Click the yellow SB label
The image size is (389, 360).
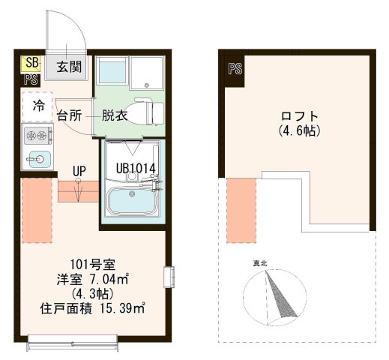(x=31, y=63)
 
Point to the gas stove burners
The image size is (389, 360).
(x=37, y=136)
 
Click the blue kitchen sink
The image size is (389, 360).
(x=37, y=158)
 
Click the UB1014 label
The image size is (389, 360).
(x=136, y=167)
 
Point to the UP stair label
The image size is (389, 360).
(x=79, y=171)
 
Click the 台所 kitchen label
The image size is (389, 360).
(x=70, y=115)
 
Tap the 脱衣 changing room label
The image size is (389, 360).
(x=114, y=115)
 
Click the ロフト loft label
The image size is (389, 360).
(x=299, y=116)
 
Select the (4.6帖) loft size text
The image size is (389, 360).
(x=299, y=130)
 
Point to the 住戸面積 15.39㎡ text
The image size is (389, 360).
(x=92, y=308)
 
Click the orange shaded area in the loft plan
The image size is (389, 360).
(x=241, y=210)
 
